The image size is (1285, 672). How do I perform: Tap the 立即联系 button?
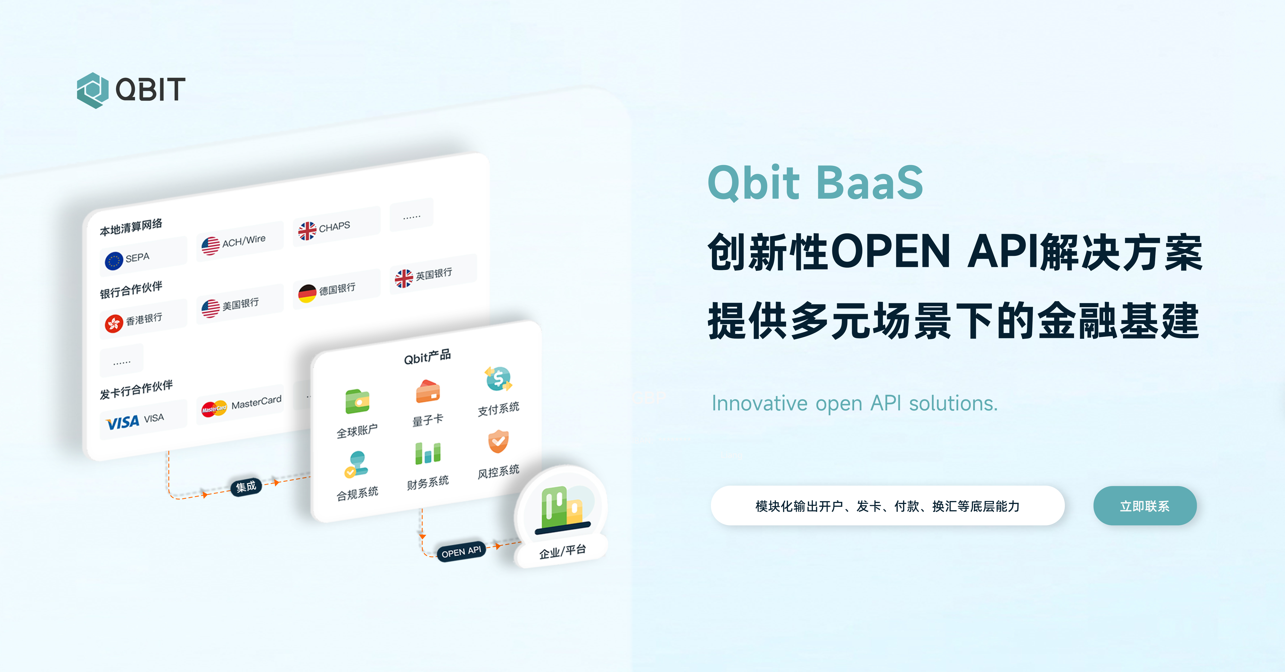pyautogui.click(x=1145, y=506)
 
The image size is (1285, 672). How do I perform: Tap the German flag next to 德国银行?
pyautogui.click(x=307, y=293)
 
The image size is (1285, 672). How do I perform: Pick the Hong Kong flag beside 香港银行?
pyautogui.click(x=114, y=323)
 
